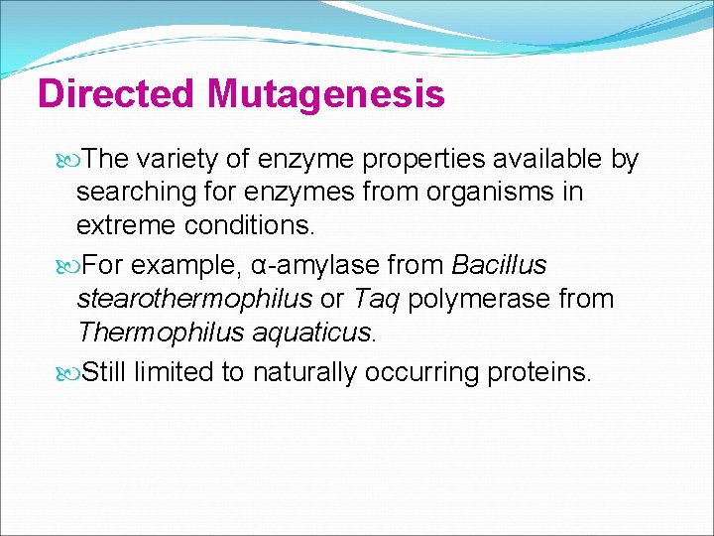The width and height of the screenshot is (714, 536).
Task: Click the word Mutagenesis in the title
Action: tap(325, 95)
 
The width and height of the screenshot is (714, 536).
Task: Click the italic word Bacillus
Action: tap(499, 266)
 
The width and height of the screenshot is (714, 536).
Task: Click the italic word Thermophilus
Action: tap(155, 332)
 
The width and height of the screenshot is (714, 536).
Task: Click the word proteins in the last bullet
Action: tap(539, 372)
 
